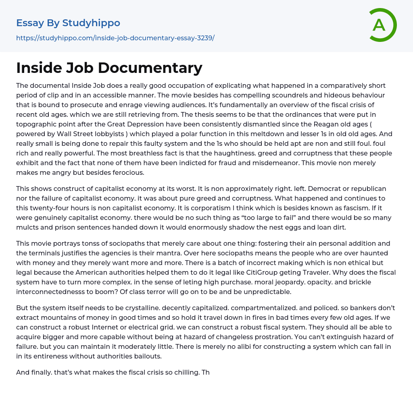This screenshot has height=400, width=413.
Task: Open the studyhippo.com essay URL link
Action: tap(115, 38)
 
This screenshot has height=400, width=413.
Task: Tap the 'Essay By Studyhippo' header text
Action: tap(68, 23)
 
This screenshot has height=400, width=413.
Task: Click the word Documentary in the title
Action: tap(150, 68)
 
